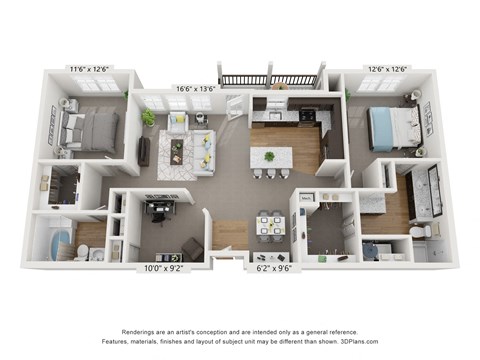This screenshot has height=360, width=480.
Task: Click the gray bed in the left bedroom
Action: coord(91,131)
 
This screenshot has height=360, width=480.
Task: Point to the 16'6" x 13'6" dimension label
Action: coord(196,89)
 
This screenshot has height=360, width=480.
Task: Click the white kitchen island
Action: coord(271,159)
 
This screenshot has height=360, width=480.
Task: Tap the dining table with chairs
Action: coord(269,225)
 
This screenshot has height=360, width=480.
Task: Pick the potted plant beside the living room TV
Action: coord(149,118)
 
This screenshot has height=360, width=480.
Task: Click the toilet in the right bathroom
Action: coord(424,231)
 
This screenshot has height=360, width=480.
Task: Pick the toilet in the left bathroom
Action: coord(97,253)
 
